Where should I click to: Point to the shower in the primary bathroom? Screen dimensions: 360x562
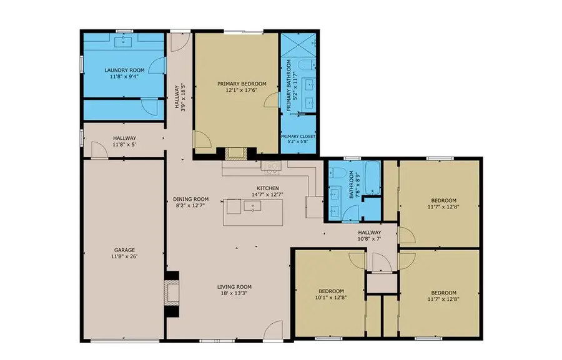(x=298, y=44)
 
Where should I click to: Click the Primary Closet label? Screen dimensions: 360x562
(x=298, y=136)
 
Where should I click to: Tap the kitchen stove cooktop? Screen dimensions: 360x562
(x=272, y=166)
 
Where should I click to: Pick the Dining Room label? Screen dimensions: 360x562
(x=190, y=200)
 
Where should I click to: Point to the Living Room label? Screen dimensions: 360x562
(x=235, y=287)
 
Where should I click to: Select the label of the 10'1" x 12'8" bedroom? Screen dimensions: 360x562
(x=330, y=291)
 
